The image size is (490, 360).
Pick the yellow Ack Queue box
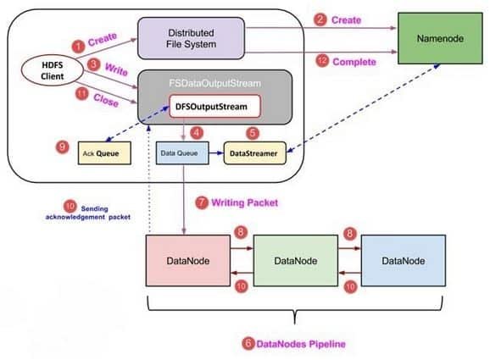tap(106, 153)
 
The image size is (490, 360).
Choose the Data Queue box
tap(180, 153)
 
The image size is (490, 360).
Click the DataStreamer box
tap(253, 153)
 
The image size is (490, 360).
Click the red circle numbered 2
tap(320, 19)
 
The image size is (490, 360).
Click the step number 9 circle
tap(62, 147)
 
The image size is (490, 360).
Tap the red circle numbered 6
tap(248, 343)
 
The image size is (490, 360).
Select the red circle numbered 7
tap(201, 202)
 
